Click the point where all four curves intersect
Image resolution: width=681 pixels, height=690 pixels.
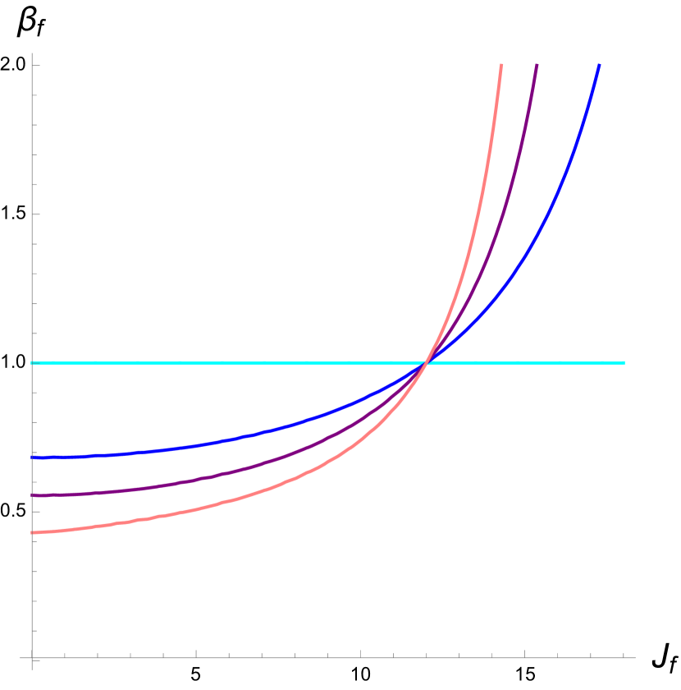(x=427, y=362)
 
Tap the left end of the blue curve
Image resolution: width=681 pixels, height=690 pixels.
(x=33, y=457)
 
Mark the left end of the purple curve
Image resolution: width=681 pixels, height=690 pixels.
(x=33, y=495)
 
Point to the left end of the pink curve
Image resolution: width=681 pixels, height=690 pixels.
(x=33, y=533)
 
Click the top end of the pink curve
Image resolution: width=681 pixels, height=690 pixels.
(x=501, y=65)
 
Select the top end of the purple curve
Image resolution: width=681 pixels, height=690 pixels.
(x=537, y=65)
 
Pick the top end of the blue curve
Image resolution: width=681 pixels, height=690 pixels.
(x=599, y=65)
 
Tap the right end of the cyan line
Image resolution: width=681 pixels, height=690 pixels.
(x=624, y=362)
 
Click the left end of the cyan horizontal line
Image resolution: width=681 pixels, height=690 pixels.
(x=33, y=362)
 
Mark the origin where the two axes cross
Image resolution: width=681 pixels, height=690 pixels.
(x=32, y=658)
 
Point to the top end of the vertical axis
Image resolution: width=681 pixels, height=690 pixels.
(x=32, y=53)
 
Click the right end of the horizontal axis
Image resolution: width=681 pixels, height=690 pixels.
(x=635, y=658)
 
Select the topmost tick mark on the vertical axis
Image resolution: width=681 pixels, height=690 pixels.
(x=34, y=66)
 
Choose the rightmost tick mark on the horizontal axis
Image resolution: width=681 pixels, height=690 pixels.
(x=624, y=655)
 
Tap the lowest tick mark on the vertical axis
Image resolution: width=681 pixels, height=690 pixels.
(x=34, y=631)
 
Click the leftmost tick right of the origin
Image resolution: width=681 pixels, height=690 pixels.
(x=65, y=655)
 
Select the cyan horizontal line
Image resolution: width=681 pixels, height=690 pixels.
(x=205, y=362)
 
